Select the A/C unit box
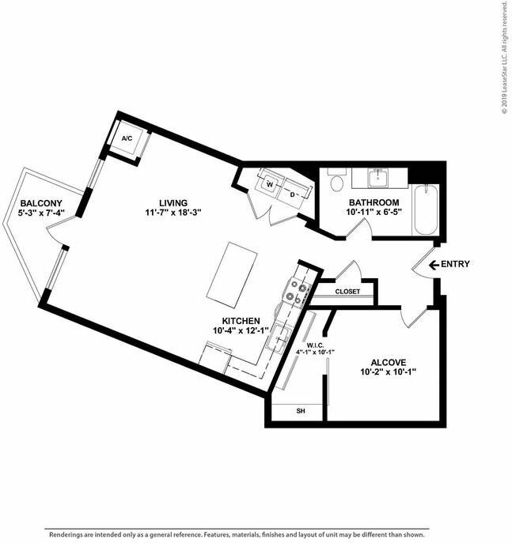127,138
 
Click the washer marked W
271,185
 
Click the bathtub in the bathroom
426,209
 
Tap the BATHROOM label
373,203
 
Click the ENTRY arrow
433,264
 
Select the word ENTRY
456,264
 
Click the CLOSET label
347,292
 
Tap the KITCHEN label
241,321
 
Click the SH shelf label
301,411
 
